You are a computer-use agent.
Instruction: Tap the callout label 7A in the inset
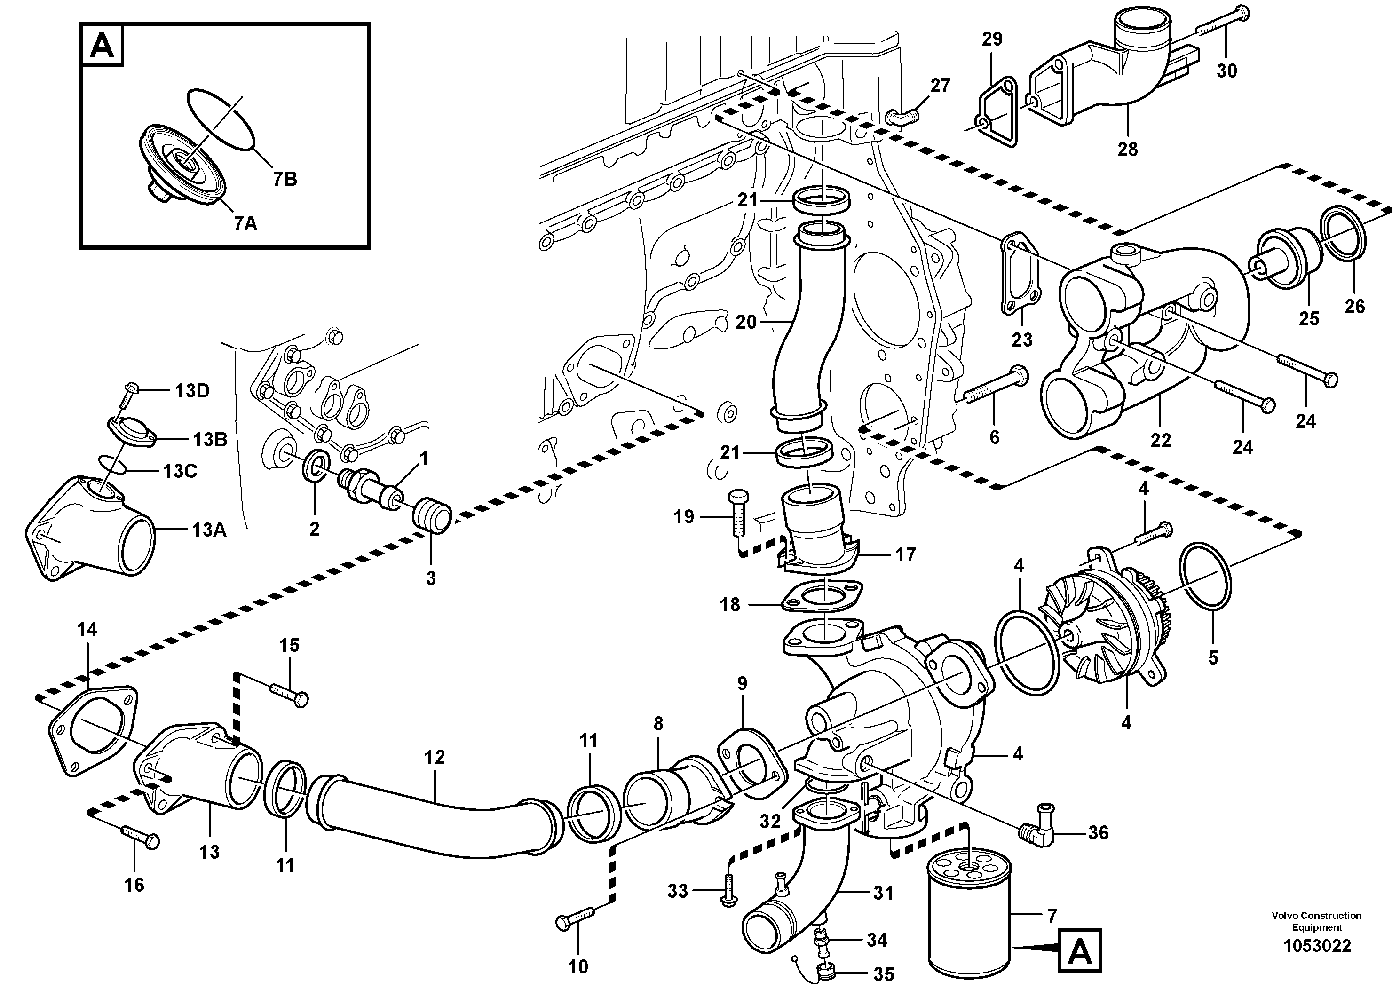point(245,224)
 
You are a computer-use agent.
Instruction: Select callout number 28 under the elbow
point(1127,149)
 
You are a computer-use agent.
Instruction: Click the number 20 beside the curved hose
point(745,322)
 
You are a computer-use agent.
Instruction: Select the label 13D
point(192,391)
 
